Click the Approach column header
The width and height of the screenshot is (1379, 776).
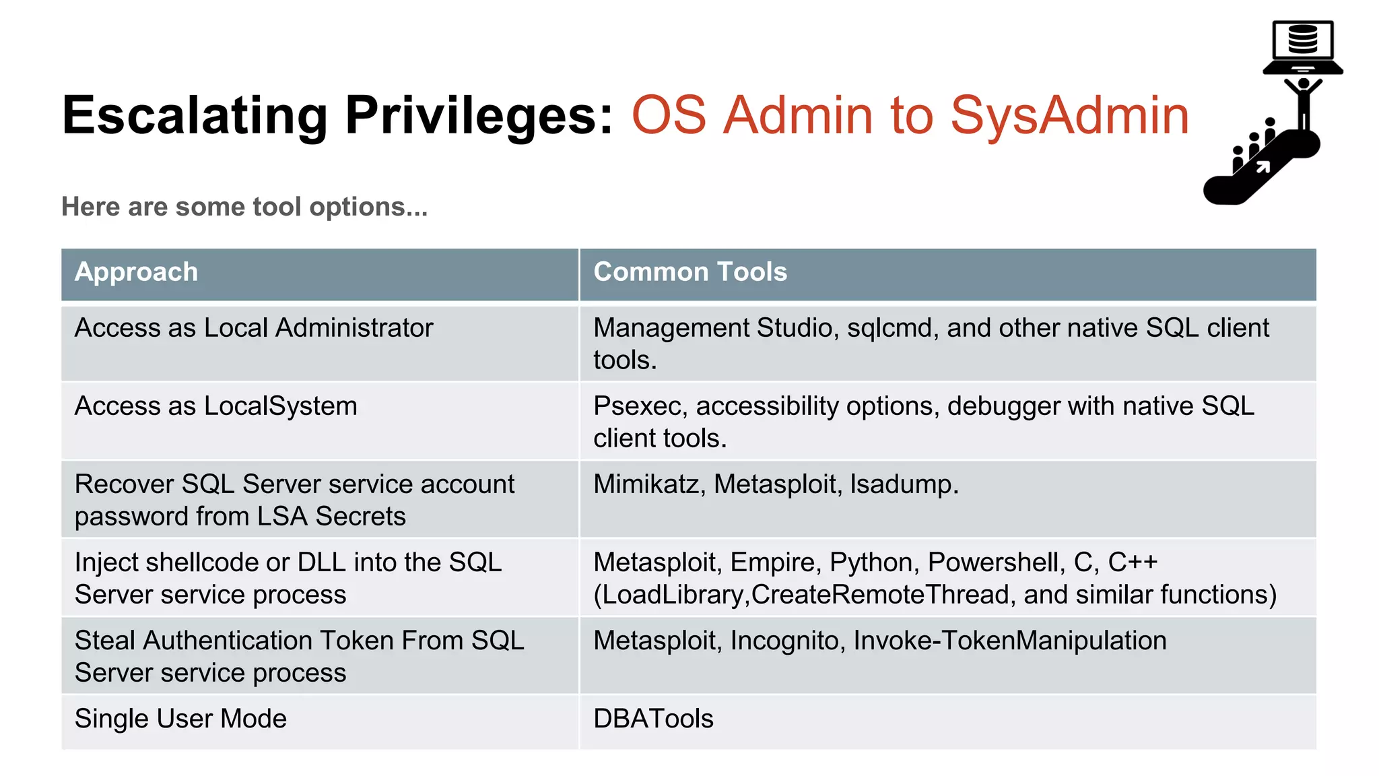point(136,272)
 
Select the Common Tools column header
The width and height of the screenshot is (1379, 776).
point(689,272)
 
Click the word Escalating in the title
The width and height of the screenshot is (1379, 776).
point(195,115)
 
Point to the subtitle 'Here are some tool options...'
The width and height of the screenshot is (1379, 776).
point(244,207)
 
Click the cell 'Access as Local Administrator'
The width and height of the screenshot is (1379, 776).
point(253,328)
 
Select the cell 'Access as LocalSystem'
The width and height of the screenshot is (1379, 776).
point(215,406)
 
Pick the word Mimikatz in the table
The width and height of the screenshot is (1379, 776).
point(646,484)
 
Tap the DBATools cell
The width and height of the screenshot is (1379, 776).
point(652,719)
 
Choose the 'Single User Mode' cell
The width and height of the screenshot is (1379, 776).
point(180,719)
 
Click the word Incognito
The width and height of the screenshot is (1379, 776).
point(784,641)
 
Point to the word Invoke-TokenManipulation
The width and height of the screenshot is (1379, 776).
point(1009,641)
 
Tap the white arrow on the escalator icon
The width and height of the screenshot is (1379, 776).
point(1263,166)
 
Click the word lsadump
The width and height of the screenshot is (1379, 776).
point(903,484)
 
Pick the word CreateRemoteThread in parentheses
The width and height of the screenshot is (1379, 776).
point(879,595)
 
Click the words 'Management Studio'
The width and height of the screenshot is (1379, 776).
point(712,328)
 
